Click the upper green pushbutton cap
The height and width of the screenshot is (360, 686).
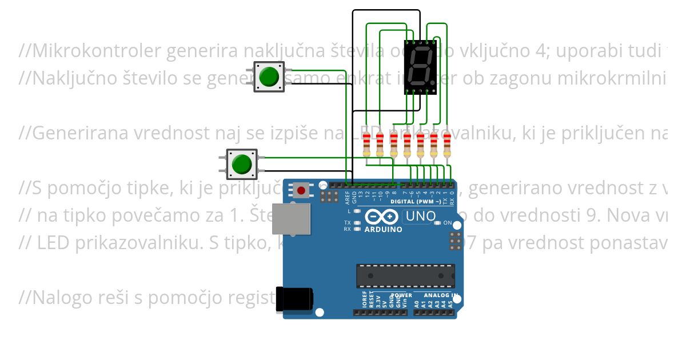(269, 77)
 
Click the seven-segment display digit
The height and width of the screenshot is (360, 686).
(421, 66)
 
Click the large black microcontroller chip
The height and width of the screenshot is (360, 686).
(406, 275)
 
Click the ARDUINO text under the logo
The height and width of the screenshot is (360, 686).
(383, 230)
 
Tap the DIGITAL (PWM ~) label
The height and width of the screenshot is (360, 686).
(416, 202)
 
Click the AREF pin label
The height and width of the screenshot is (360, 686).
(347, 197)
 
